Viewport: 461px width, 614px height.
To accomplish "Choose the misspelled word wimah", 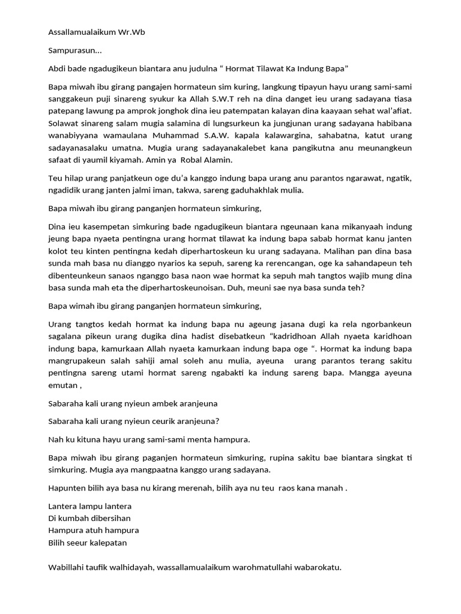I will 80,306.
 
